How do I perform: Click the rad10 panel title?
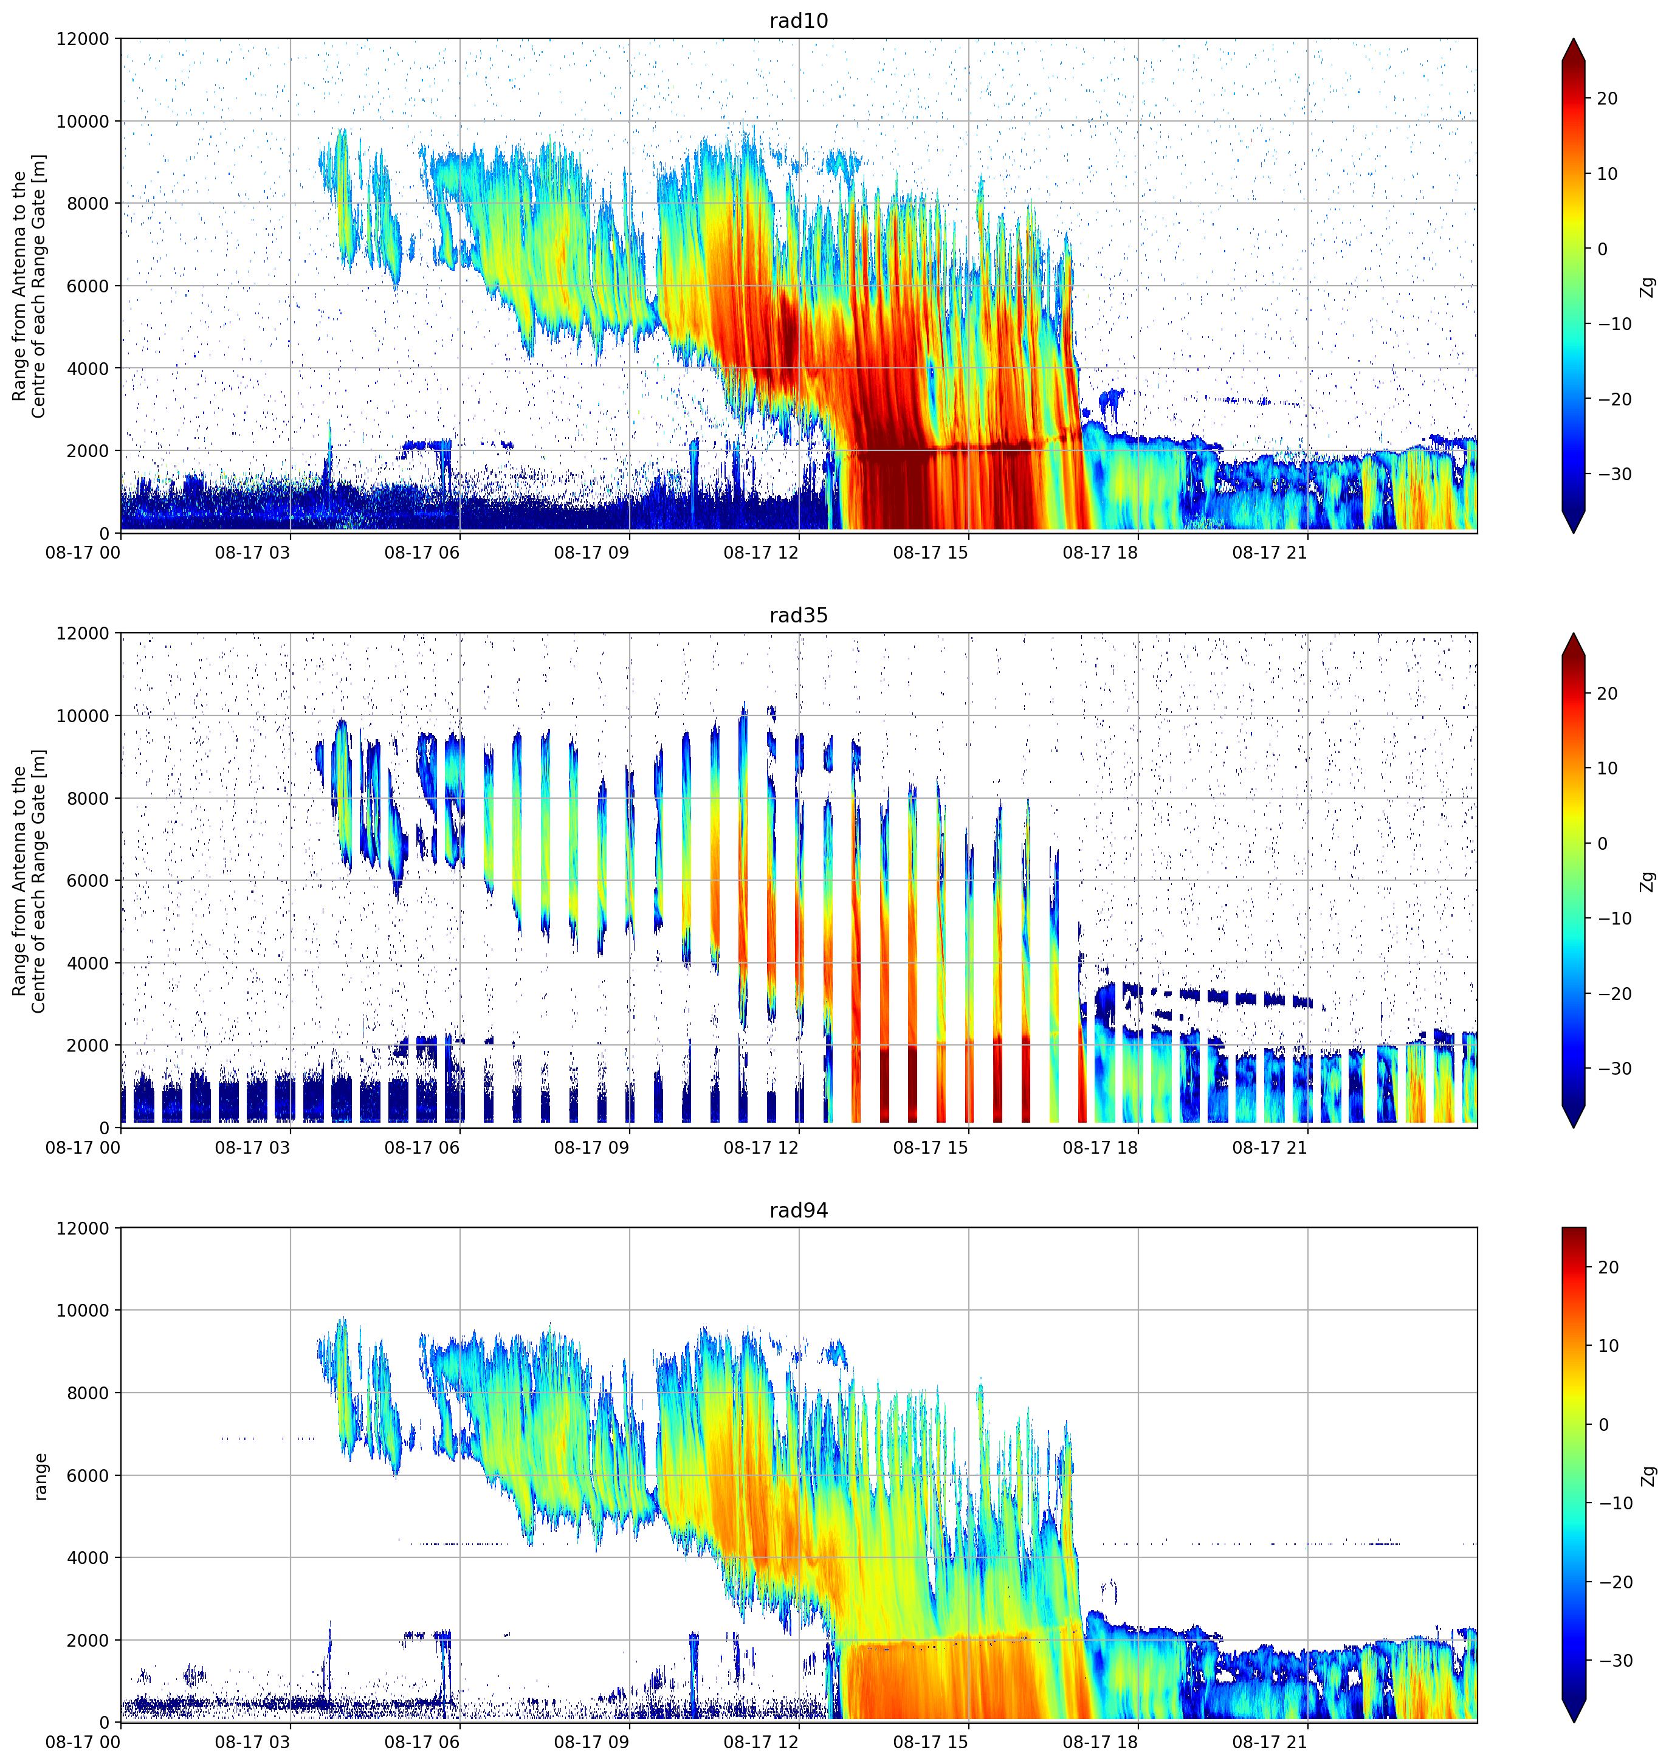[x=798, y=21]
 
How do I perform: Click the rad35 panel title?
[x=798, y=616]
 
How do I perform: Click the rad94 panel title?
[x=798, y=1211]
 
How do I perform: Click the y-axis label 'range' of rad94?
[x=40, y=1476]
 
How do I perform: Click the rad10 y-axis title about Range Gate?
[x=29, y=286]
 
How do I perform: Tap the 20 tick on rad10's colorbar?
[x=1607, y=98]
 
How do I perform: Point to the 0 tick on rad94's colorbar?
[x=1603, y=1425]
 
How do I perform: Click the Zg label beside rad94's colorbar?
[x=1648, y=1476]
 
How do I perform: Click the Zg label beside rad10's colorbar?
[x=1648, y=286]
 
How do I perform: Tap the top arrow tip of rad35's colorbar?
[x=1574, y=634]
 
